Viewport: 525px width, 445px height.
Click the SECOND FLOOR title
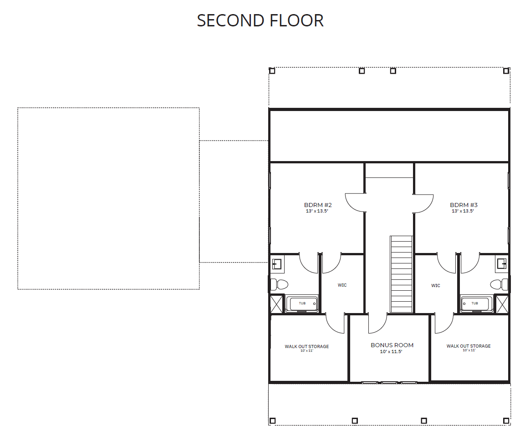click(x=260, y=21)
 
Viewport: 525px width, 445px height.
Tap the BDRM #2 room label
click(x=318, y=205)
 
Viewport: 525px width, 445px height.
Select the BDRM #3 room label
click(x=464, y=205)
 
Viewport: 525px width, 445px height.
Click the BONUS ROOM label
click(x=392, y=345)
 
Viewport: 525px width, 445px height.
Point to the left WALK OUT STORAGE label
click(x=307, y=346)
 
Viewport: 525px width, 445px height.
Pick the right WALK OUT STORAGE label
click(x=469, y=346)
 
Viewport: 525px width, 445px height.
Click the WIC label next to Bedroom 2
click(x=342, y=285)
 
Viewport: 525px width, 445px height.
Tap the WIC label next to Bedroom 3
click(x=436, y=285)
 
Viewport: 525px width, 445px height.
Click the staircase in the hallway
click(x=401, y=274)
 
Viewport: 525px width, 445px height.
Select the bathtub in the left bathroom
click(x=302, y=304)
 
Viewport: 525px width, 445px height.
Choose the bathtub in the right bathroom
click(x=476, y=304)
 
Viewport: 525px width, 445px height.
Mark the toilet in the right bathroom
click(x=499, y=284)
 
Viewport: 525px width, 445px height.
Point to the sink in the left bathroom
click(x=277, y=264)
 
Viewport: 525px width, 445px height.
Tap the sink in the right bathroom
click(x=502, y=264)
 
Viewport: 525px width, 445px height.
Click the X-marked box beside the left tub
click(x=276, y=304)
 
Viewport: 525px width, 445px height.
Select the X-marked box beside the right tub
click(x=502, y=304)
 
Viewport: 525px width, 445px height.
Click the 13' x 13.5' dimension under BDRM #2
click(x=317, y=211)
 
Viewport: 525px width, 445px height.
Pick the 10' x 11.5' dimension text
click(x=391, y=351)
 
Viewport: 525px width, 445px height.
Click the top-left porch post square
click(x=272, y=71)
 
